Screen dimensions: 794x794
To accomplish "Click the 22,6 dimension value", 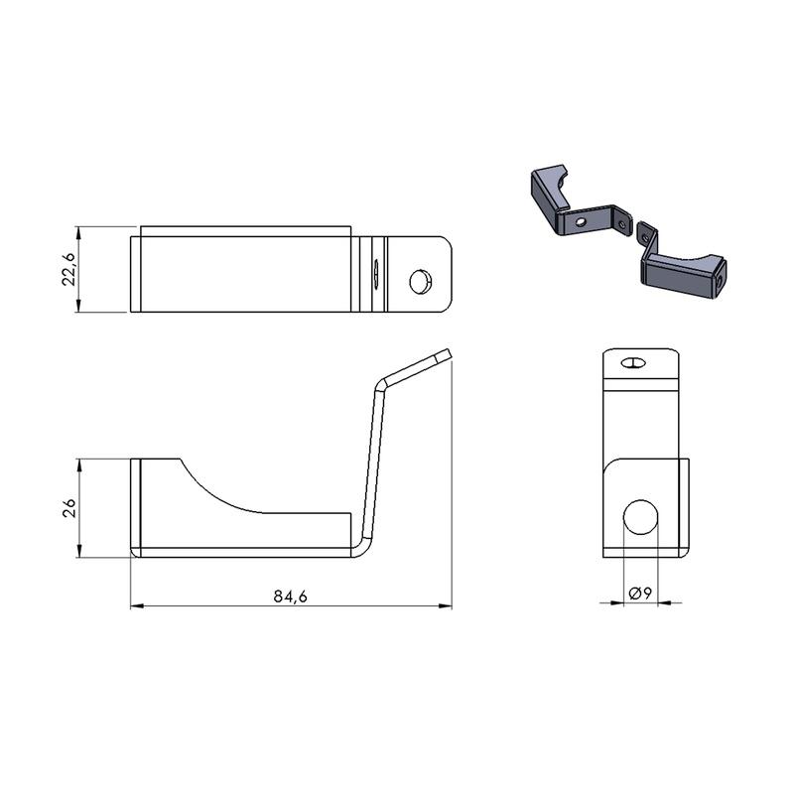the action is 68,269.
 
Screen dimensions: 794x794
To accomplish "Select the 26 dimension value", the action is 68,508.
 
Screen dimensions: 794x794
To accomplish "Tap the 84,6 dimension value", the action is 290,596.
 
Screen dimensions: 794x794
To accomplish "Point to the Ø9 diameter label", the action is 639,594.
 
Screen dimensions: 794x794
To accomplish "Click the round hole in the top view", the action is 421,282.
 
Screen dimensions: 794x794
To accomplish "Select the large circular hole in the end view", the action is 640,516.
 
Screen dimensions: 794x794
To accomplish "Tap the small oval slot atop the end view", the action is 632,362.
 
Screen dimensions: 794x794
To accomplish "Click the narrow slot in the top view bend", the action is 376,274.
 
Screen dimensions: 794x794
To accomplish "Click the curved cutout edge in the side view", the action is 217,492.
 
